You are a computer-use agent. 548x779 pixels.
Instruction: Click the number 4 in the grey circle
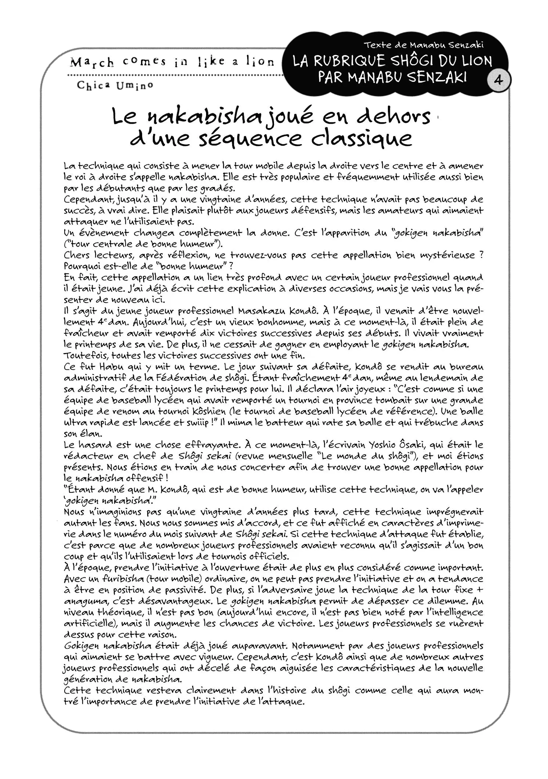498,80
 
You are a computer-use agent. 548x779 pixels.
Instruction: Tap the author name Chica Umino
115,86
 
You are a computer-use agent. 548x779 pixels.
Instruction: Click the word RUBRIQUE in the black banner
349,61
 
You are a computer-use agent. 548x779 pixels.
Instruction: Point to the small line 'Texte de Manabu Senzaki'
423,45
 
